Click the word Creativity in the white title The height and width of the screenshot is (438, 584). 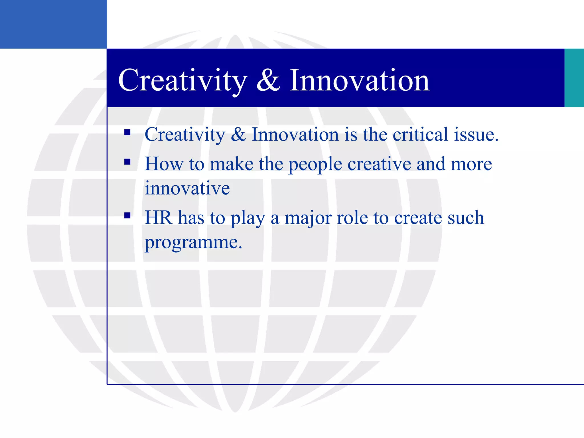coord(182,81)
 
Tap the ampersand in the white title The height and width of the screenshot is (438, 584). coord(268,81)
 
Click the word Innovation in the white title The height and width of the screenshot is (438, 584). coord(359,81)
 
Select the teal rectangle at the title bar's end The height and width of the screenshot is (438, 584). coord(574,78)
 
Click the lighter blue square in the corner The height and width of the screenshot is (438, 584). coord(53,24)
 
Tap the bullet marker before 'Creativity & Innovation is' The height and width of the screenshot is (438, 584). coord(127,132)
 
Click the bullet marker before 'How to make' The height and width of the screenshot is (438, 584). coord(127,162)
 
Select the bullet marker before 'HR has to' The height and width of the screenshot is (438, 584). coord(127,215)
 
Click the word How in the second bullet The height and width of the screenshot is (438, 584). coord(164,164)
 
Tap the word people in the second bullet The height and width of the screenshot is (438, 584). coord(315,165)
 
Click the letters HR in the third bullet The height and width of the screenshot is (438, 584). coord(158,218)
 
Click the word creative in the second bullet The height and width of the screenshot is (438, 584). coord(379,164)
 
